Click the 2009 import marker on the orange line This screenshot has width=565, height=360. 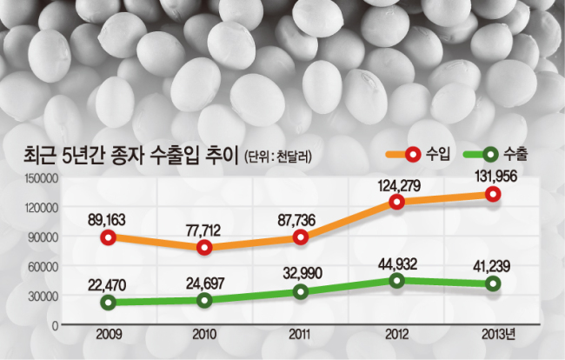click(x=108, y=237)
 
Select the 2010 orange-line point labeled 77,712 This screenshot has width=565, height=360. click(x=204, y=247)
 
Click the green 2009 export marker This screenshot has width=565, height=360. click(x=108, y=302)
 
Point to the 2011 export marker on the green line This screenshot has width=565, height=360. click(x=301, y=291)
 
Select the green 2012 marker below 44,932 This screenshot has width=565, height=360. click(x=396, y=280)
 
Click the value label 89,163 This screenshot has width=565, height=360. click(x=107, y=219)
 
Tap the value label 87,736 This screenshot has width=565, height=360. click(x=296, y=220)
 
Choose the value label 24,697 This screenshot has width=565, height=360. click(x=205, y=283)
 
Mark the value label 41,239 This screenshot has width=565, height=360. click(x=491, y=266)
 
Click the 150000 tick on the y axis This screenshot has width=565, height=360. click(x=41, y=178)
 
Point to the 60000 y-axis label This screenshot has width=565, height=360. click(x=43, y=267)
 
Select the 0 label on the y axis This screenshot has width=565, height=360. click(x=55, y=326)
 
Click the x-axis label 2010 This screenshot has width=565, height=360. click(x=204, y=335)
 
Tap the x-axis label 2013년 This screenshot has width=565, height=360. click(x=498, y=335)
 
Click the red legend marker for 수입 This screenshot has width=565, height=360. click(x=413, y=154)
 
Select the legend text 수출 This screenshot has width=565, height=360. click(x=515, y=154)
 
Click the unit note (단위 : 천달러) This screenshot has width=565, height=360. click(x=278, y=157)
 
